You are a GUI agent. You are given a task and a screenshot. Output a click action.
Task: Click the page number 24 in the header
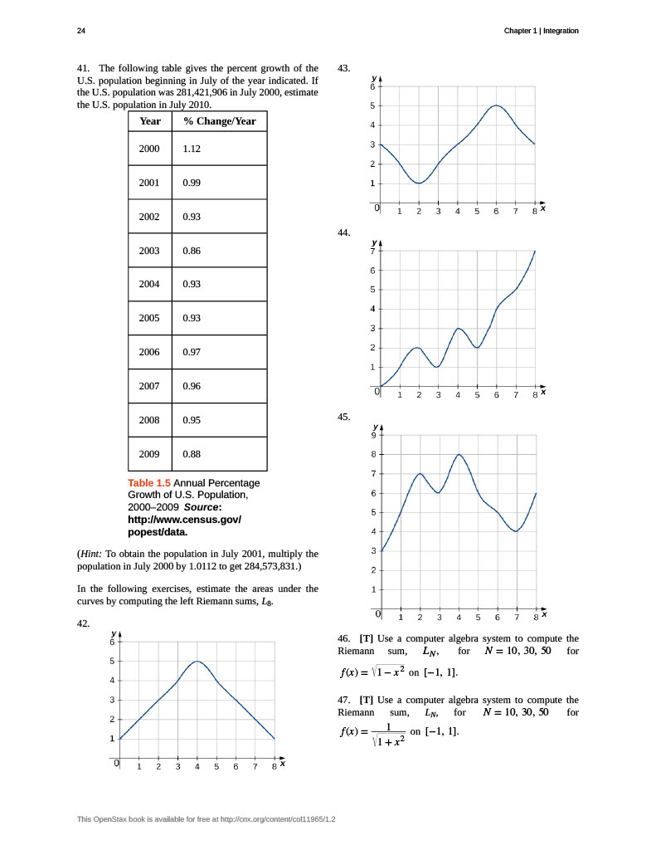[80, 31]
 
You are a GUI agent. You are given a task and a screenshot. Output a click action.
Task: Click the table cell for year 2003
[149, 251]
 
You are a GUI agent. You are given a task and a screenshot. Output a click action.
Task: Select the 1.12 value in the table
[192, 149]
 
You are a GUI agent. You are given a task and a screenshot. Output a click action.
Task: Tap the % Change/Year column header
[220, 121]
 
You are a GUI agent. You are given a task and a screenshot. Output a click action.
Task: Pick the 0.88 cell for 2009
[192, 454]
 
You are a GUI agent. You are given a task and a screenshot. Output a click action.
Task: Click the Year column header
[150, 121]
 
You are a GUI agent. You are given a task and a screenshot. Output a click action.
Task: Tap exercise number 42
[83, 623]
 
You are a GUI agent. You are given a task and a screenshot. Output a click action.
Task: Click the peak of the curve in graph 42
[197, 662]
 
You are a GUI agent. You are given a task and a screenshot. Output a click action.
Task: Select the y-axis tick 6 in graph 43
[372, 86]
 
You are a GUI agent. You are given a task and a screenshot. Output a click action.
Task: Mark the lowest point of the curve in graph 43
[420, 183]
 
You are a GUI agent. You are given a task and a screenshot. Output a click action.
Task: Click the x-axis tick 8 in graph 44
[535, 395]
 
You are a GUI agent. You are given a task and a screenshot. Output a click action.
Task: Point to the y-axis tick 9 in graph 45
[372, 435]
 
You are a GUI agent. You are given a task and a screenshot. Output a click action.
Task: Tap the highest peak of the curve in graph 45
[459, 454]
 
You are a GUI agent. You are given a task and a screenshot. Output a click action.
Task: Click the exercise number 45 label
[344, 417]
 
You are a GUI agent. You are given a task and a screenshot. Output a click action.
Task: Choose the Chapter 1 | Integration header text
[541, 31]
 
